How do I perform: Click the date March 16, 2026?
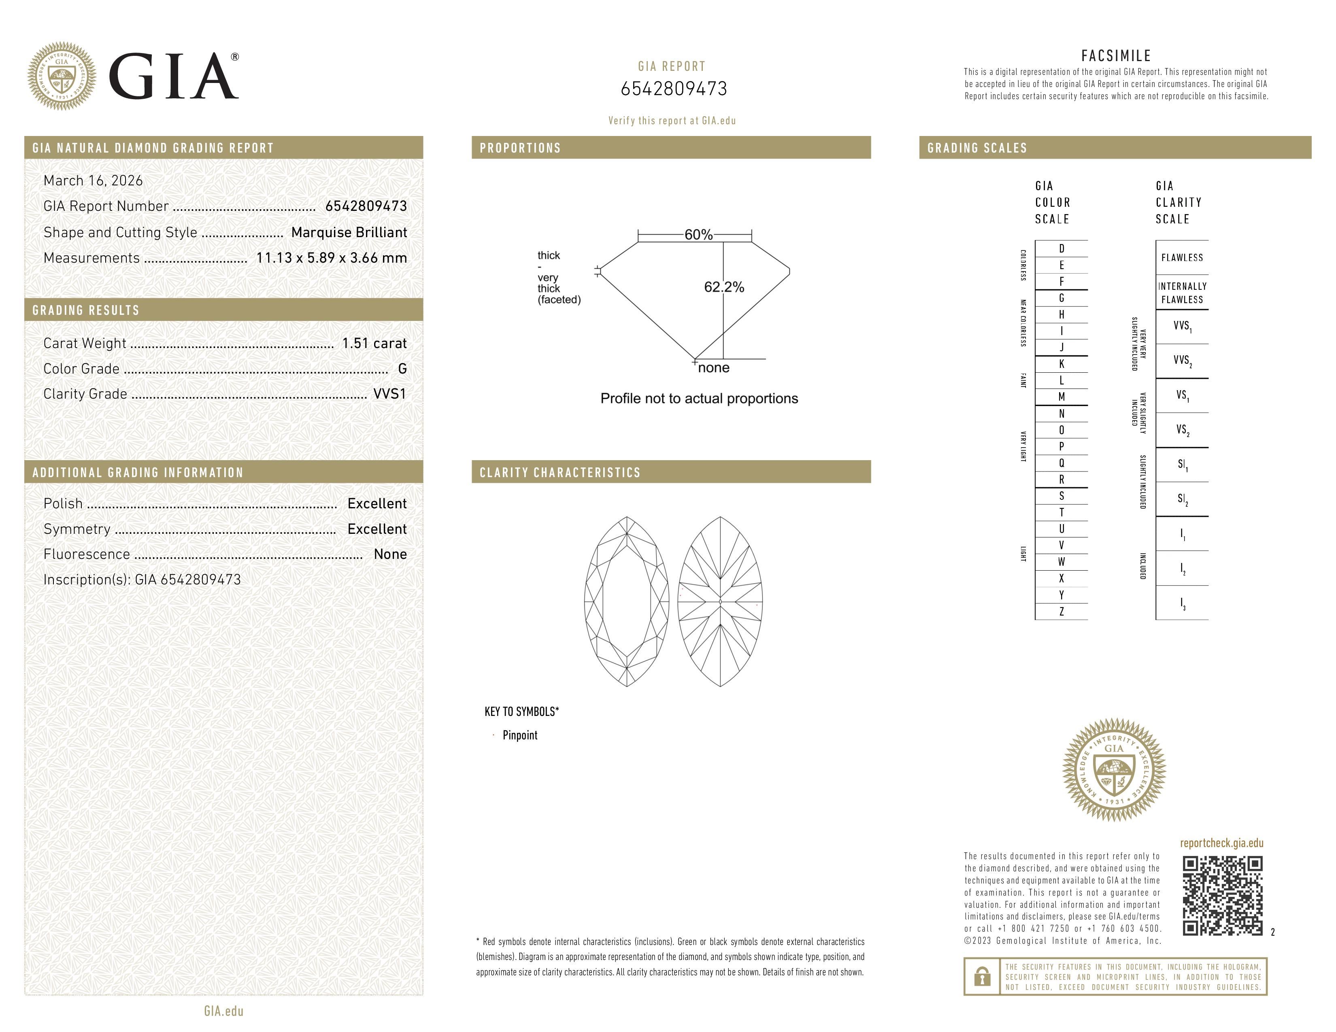tap(93, 180)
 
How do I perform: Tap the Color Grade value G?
tap(402, 369)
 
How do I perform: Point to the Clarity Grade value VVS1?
tap(389, 394)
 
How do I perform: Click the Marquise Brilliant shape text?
tap(349, 232)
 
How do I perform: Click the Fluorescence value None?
tap(390, 554)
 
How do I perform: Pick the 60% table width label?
tap(698, 235)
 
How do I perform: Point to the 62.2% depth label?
tap(724, 287)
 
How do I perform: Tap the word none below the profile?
tap(713, 367)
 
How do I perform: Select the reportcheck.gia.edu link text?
tap(1221, 843)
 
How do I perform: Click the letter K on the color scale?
tap(1062, 364)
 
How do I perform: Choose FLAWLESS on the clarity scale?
tap(1182, 257)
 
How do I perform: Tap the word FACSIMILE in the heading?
tap(1116, 55)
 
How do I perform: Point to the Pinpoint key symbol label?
tap(519, 735)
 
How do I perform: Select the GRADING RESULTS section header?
tap(86, 310)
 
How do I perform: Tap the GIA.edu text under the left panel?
tap(223, 1011)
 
